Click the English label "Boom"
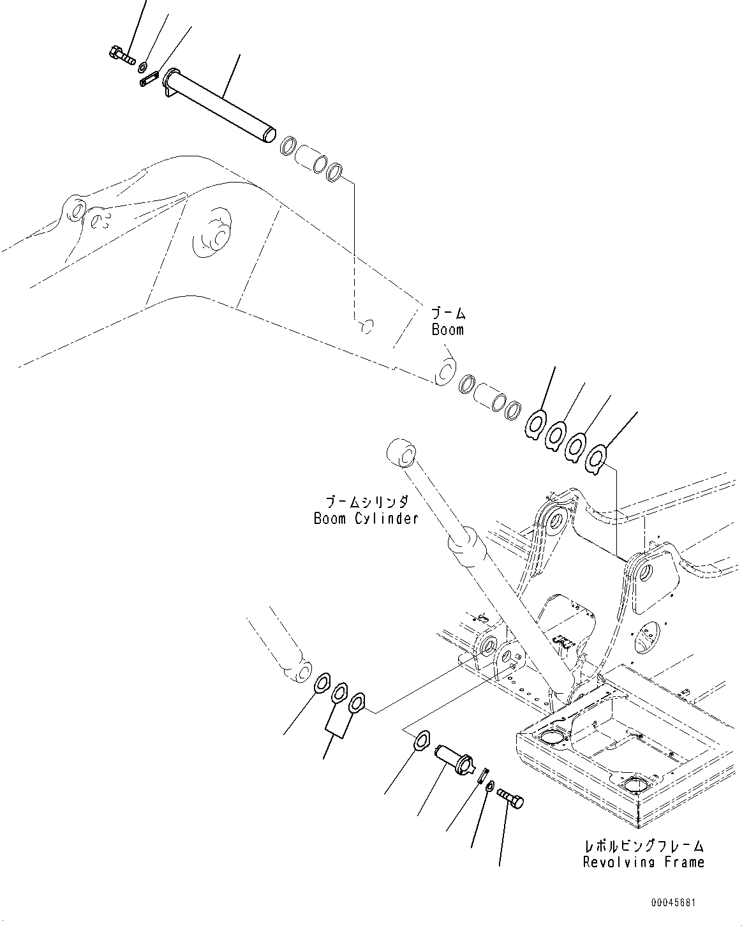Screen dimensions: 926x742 447,330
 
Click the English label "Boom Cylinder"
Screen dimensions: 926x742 366,518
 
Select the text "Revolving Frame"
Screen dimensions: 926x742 643,862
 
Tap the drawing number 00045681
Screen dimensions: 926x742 674,904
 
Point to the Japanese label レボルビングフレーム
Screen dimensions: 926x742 644,846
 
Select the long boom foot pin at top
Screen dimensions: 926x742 220,105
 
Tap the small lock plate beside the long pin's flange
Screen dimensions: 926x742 149,80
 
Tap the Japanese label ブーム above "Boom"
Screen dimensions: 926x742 448,314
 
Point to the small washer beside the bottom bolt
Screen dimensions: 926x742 488,787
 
